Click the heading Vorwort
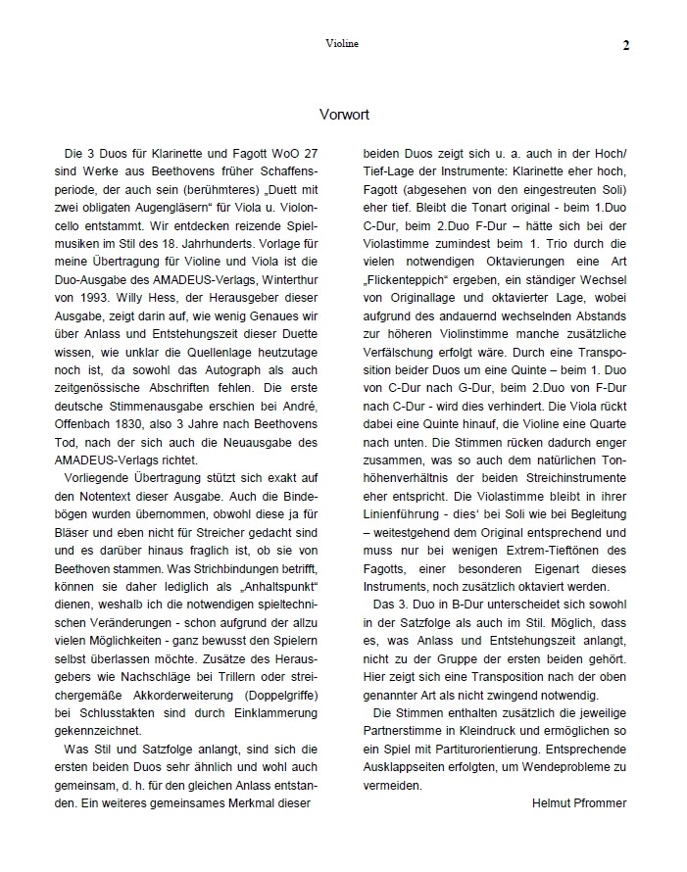344,115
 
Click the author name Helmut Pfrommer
578,803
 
